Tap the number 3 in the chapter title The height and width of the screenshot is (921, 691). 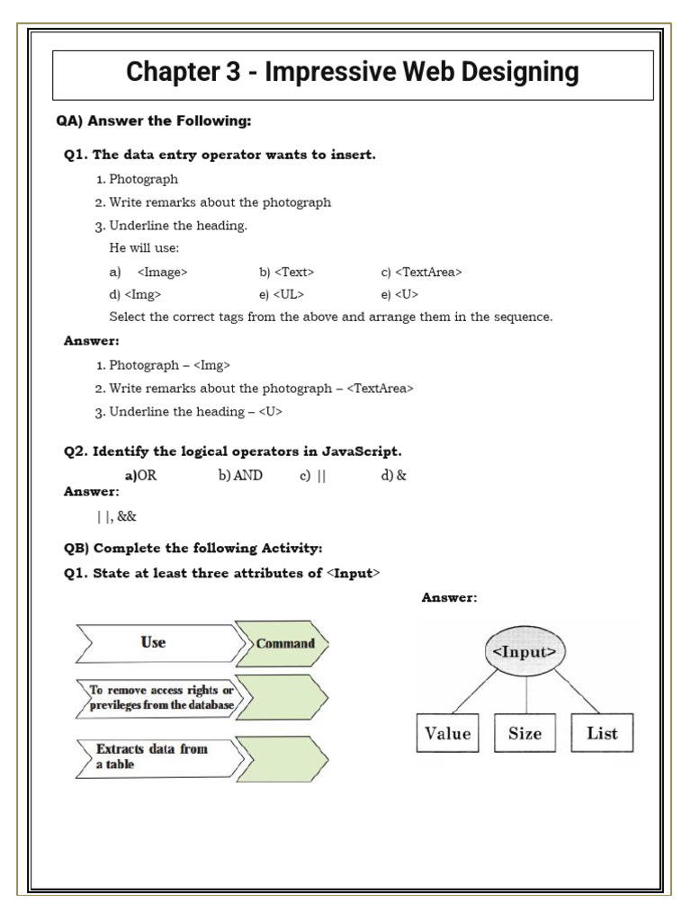[x=229, y=72]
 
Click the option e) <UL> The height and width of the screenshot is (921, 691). [x=281, y=294]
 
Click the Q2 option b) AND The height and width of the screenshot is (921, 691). [x=240, y=476]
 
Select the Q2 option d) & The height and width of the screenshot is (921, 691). [x=393, y=476]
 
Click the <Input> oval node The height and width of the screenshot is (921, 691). [x=525, y=651]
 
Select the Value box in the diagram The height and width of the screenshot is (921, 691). [x=448, y=733]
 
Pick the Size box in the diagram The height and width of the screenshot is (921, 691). [x=525, y=733]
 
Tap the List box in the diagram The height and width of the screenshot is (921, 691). [x=602, y=733]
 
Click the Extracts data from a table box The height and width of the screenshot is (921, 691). [x=155, y=756]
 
